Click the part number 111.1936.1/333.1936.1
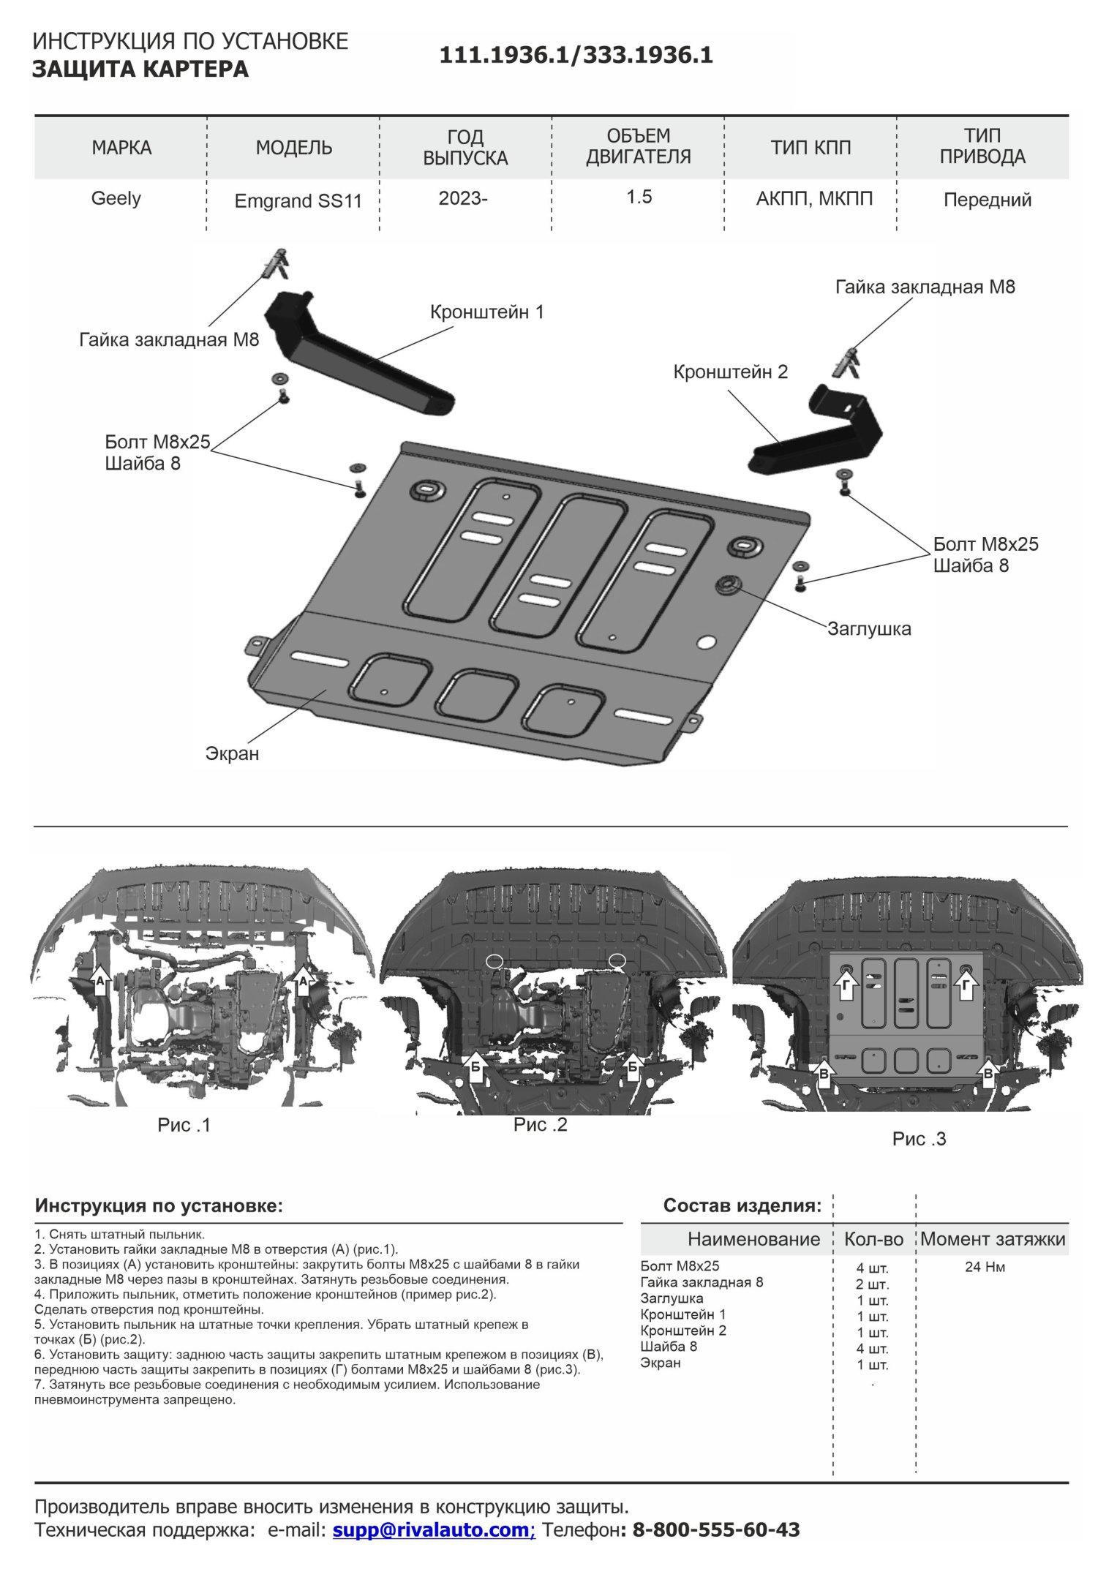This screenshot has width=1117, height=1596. coord(576,56)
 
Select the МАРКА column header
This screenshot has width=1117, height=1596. coord(121,148)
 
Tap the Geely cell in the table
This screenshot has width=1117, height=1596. coord(116,198)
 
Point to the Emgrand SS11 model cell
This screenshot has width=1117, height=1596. coord(298,201)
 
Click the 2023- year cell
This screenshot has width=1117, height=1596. coord(462,198)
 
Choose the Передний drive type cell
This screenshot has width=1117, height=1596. coord(987,200)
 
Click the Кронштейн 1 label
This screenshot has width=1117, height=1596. coord(486,312)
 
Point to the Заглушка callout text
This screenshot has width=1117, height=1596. coord(869,628)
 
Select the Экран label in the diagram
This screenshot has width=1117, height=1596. coord(232,753)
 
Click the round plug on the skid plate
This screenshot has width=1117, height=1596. coord(729,585)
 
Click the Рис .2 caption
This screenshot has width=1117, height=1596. coord(540,1124)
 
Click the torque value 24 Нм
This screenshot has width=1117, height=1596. coord(985,1267)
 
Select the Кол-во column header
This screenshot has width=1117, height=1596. coord(873,1239)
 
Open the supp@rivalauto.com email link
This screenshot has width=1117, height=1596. coord(433,1529)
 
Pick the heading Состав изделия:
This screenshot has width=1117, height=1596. coord(742,1205)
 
